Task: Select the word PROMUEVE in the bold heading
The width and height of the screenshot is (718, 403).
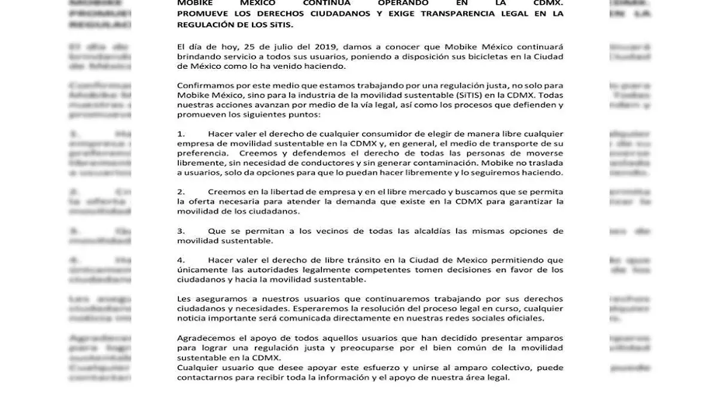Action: click(x=202, y=13)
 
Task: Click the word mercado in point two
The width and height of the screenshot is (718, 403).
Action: click(x=429, y=192)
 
